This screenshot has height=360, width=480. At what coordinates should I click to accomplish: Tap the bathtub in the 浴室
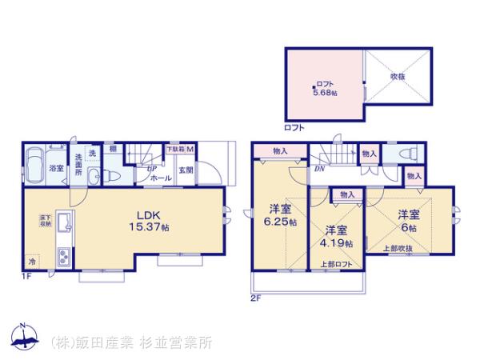[x=34, y=167]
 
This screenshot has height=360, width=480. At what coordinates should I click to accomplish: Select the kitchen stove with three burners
[x=62, y=258]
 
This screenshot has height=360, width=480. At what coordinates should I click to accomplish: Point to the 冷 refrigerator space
[x=32, y=262]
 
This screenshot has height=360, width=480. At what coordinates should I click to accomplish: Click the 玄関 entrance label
[x=185, y=169]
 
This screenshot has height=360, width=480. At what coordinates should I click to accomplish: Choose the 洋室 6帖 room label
[x=409, y=220]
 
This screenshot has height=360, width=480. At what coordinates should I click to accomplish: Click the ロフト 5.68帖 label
[x=325, y=88]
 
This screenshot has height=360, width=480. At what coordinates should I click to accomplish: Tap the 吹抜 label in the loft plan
[x=398, y=77]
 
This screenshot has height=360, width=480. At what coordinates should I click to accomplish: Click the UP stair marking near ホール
[x=150, y=169]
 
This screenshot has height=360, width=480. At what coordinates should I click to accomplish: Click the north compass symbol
[x=24, y=337]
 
